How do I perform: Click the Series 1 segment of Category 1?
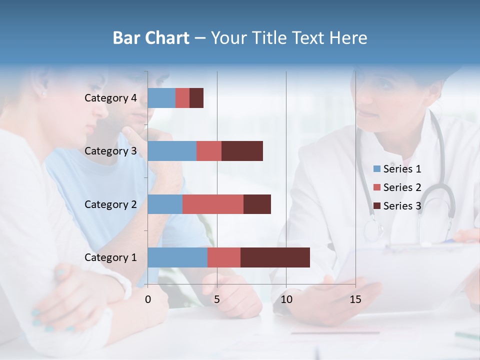click(x=177, y=257)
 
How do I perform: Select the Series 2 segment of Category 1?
click(x=224, y=257)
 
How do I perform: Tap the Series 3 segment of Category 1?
click(x=275, y=257)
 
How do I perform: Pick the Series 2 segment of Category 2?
click(x=213, y=204)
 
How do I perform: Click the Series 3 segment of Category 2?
click(x=257, y=204)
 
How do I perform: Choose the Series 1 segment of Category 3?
click(x=172, y=151)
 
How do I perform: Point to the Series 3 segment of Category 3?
click(x=242, y=151)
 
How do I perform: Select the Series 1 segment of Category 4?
click(x=161, y=98)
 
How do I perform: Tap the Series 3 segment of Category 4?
click(x=196, y=98)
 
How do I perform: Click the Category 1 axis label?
click(x=110, y=257)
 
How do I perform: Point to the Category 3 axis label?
click(x=110, y=151)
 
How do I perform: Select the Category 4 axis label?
click(x=110, y=98)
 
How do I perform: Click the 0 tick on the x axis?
click(x=148, y=299)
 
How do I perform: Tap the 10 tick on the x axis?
click(x=286, y=299)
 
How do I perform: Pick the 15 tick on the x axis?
click(x=355, y=299)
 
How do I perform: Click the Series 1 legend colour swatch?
click(x=376, y=169)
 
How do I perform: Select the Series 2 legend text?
click(x=402, y=187)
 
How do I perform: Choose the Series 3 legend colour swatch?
click(x=376, y=206)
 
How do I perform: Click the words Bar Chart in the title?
click(x=151, y=38)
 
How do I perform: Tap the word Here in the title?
click(x=348, y=38)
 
